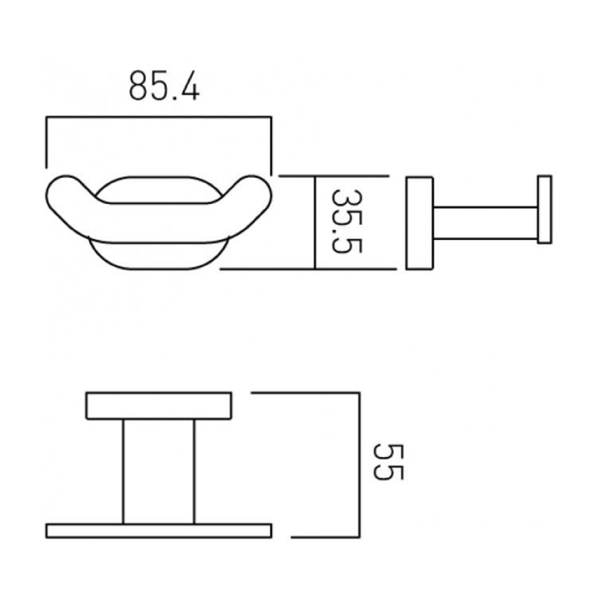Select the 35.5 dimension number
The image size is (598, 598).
pos(346,221)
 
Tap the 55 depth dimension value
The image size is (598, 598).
pos(390,462)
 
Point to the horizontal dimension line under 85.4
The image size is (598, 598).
pos(158,118)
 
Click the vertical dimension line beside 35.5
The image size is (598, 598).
pos(314,223)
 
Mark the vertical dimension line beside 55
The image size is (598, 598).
pos(359,464)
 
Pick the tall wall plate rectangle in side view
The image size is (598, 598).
pos(419,223)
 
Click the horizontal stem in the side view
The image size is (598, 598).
pos(485,224)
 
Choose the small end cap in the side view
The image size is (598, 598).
pos(544,209)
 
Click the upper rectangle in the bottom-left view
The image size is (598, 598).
pos(158,406)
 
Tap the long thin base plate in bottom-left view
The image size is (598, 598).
pos(158,531)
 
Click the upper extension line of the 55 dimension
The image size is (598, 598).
pos(303,393)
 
